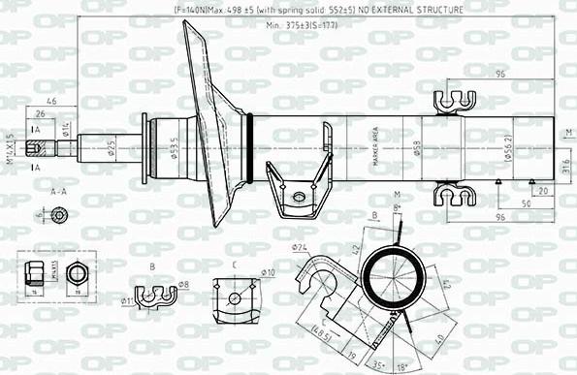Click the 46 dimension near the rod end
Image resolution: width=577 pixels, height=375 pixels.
50,101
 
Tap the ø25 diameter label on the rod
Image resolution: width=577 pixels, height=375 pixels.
111,148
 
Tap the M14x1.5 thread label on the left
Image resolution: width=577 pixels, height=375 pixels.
9,148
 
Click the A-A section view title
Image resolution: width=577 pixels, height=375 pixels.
57,192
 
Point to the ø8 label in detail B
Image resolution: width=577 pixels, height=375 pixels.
184,284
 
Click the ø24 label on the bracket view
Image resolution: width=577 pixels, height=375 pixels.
299,248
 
